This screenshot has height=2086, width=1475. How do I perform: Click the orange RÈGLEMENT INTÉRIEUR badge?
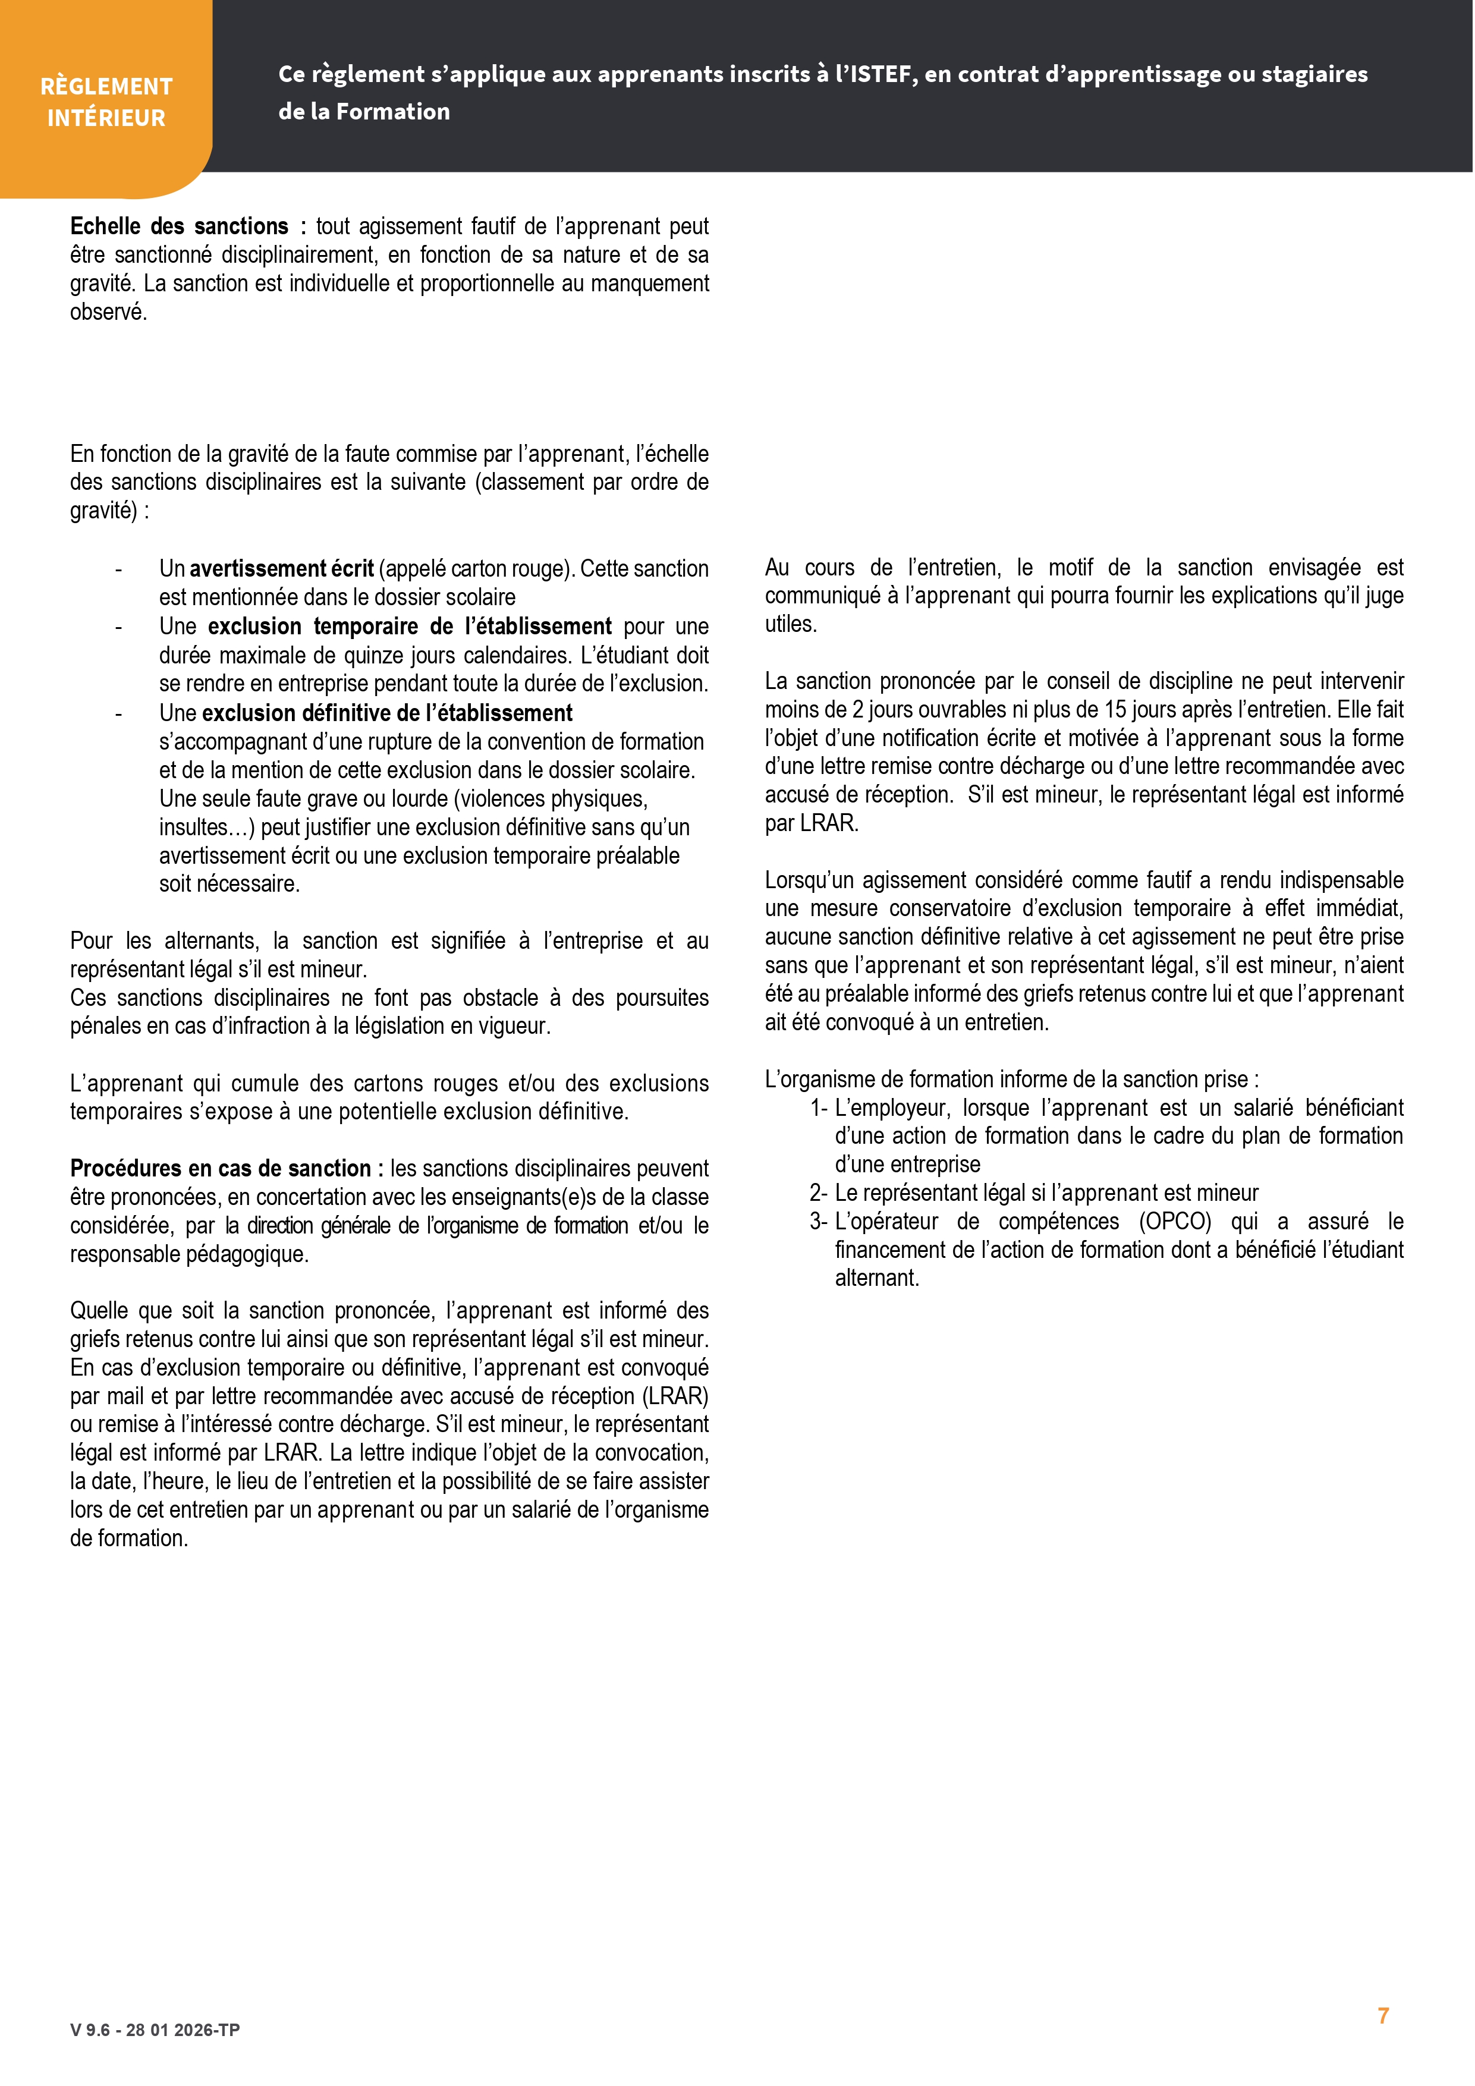106,102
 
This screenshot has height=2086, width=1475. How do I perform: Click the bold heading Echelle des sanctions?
179,226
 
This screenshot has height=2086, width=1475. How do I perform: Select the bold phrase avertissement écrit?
282,569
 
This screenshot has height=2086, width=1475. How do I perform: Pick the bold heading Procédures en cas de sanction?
221,1168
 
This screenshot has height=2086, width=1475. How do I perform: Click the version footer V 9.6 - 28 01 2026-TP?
155,2030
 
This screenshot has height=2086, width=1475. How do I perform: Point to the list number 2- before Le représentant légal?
818,1193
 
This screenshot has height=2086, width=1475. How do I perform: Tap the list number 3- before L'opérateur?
818,1222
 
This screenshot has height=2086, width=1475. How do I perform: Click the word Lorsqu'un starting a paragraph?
808,880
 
